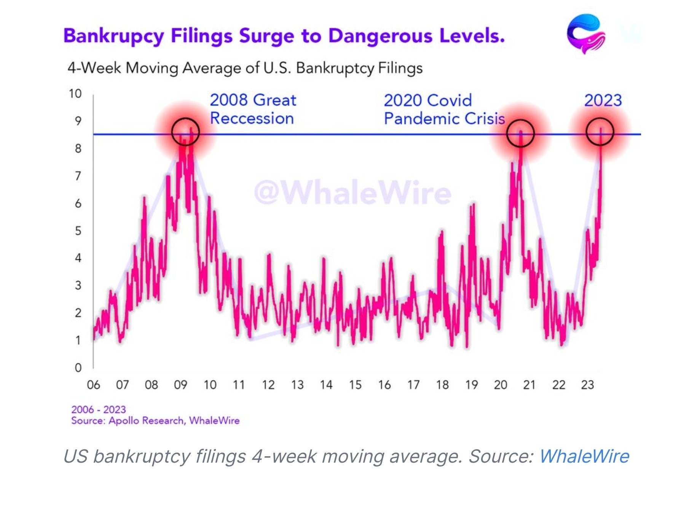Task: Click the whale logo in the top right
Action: coord(586,34)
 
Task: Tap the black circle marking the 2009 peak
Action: coord(185,132)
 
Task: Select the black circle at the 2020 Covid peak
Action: coord(520,133)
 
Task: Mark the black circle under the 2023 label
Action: coord(600,132)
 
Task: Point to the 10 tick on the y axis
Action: coord(75,94)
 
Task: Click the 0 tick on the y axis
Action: coord(78,368)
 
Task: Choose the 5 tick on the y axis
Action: coord(78,231)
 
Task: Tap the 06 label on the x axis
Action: coord(93,385)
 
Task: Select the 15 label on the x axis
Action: coord(355,385)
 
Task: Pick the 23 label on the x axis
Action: coord(587,385)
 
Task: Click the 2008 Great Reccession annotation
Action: coord(253,109)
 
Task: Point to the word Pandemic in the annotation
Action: coord(422,119)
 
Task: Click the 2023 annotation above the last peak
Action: coord(603,100)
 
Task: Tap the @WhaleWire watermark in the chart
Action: coord(352,193)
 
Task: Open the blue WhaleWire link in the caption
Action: coord(584,456)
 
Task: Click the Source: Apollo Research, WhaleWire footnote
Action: coord(155,421)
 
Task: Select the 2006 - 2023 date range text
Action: coord(98,410)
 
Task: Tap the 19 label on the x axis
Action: coord(471,385)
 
